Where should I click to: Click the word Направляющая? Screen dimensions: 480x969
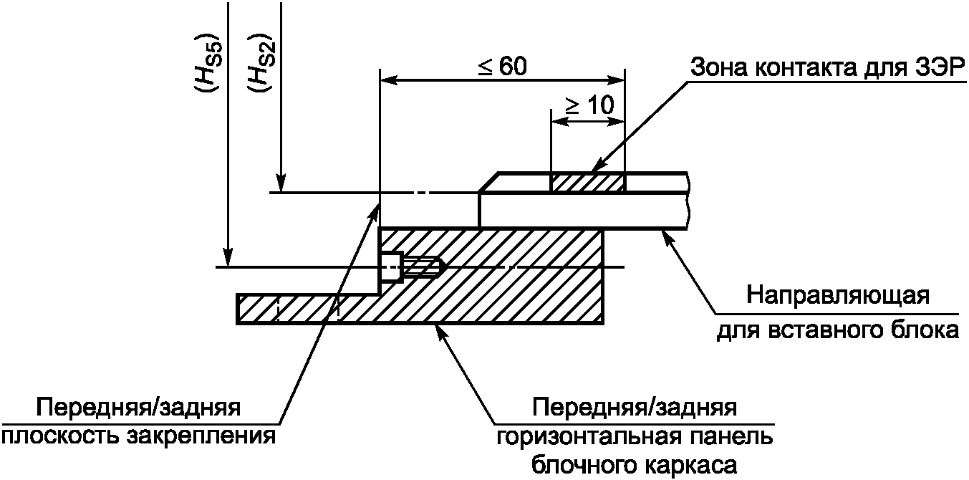pyautogui.click(x=838, y=295)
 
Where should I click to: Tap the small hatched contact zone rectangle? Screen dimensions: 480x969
pyautogui.click(x=587, y=183)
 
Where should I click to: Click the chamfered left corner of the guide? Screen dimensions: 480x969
pyautogui.click(x=488, y=183)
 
